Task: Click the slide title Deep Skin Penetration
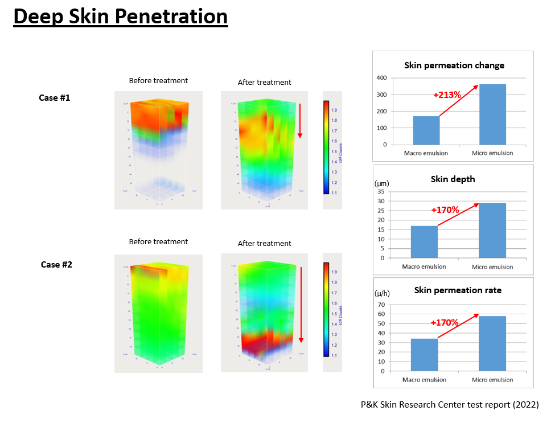120,17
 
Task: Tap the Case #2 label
56,265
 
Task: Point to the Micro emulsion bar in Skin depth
492,230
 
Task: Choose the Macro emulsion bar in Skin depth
425,241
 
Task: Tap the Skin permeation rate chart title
458,290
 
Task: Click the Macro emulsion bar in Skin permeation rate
425,355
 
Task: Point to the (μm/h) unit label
383,294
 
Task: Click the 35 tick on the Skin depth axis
381,192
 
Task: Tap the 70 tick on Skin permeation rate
381,305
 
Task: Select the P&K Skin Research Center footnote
449,405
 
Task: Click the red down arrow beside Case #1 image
300,121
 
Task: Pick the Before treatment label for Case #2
158,242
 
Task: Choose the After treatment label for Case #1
264,83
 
